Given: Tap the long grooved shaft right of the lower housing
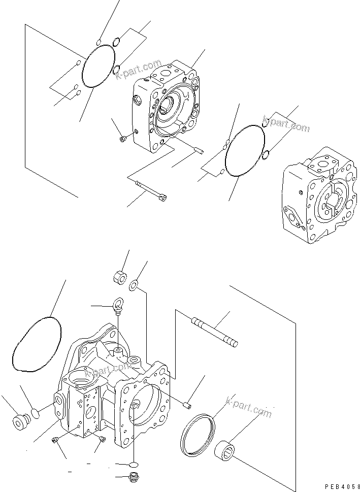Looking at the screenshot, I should [213, 332].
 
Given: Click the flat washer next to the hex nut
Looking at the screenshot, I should [135, 286].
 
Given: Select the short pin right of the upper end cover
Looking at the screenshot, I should [198, 149].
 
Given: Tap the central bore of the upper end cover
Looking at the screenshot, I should [168, 106].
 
